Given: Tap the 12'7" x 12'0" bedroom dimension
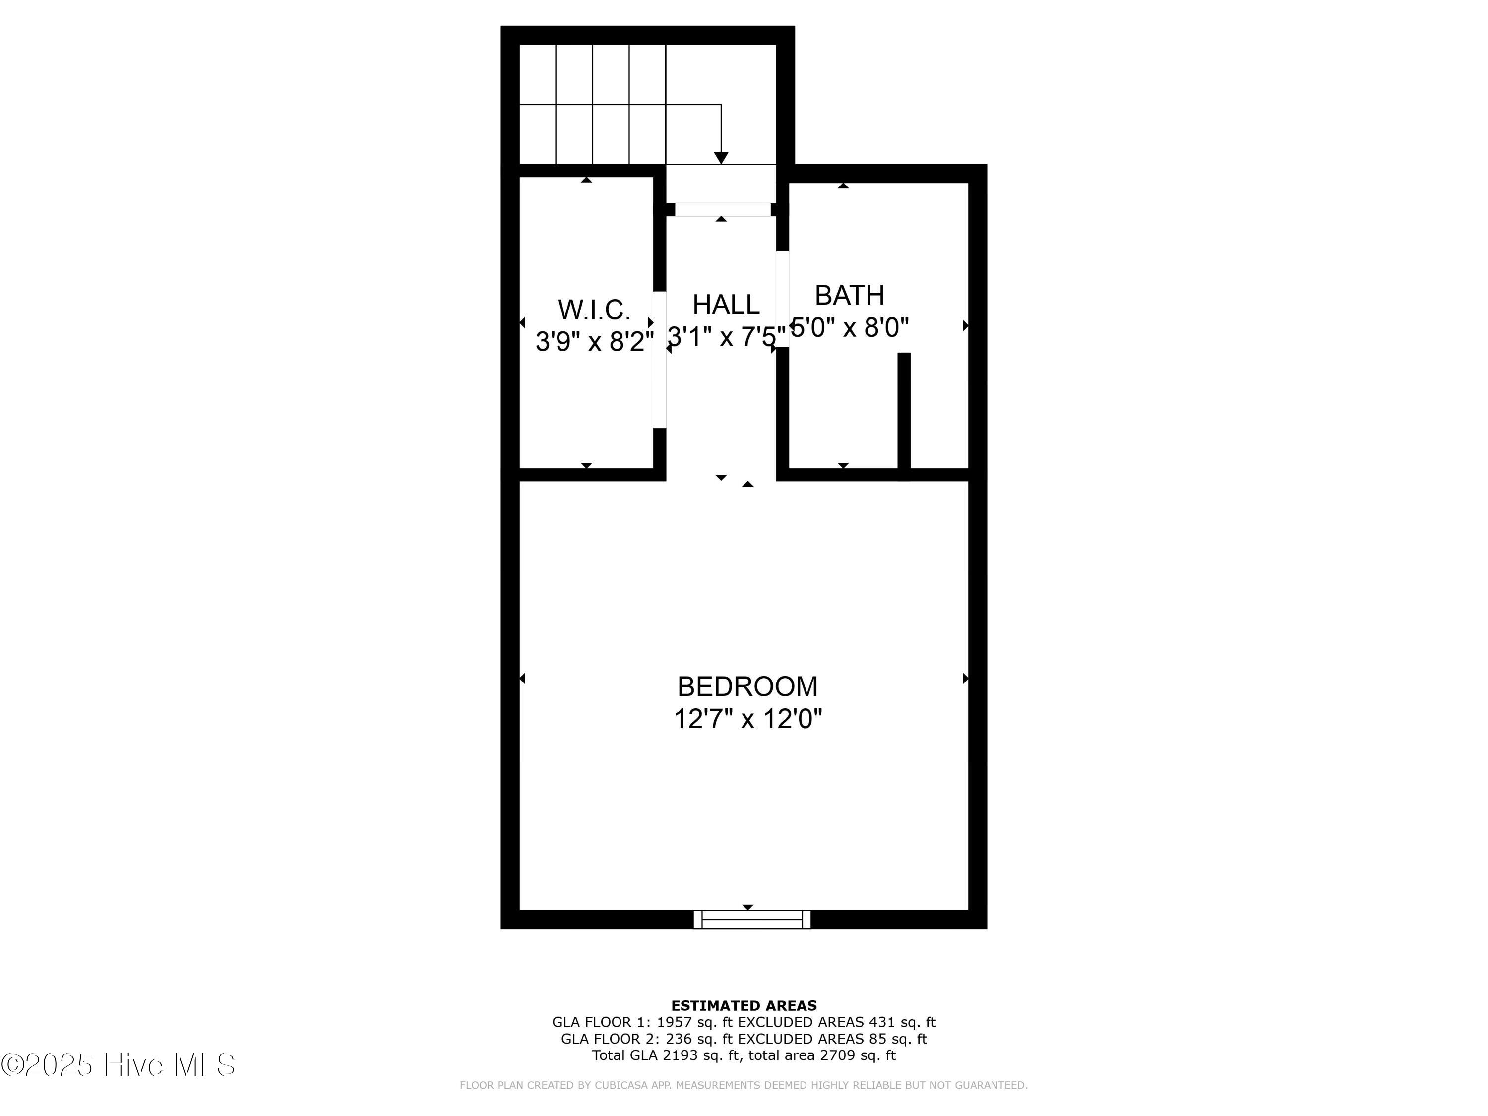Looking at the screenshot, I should [747, 719].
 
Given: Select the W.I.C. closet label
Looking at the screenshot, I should [594, 310].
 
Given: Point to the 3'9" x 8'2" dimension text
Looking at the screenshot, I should [594, 341].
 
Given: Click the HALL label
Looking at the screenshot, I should [726, 305].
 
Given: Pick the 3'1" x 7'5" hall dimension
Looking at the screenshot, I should [726, 336].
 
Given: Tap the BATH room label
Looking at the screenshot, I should [849, 295].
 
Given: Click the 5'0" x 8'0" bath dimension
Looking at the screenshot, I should [850, 327].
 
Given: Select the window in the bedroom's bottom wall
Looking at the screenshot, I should [752, 919].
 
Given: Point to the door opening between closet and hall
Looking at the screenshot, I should [660, 359].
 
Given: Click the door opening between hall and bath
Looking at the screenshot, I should [782, 299].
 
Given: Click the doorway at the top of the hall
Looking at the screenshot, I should [723, 210].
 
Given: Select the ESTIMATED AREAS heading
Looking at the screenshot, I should [744, 1006].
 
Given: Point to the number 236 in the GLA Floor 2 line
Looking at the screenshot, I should [678, 1039].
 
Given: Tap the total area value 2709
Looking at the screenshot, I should [836, 1055].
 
